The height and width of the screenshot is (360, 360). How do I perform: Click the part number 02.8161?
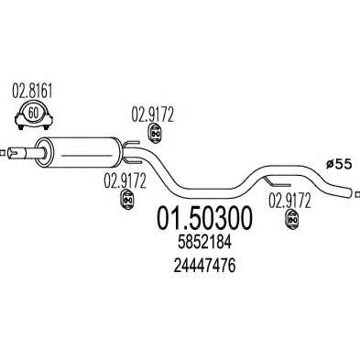[x=32, y=91]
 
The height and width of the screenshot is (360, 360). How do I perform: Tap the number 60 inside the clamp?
[x=33, y=113]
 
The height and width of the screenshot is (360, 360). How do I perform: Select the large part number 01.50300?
[x=205, y=218]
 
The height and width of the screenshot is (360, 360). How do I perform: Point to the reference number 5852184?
[x=205, y=243]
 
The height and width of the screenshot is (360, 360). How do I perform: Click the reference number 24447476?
[x=204, y=266]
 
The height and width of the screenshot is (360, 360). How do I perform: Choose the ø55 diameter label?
[x=339, y=164]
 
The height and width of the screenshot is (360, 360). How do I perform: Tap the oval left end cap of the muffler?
[x=45, y=152]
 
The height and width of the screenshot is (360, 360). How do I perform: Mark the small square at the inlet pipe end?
[x=3, y=153]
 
